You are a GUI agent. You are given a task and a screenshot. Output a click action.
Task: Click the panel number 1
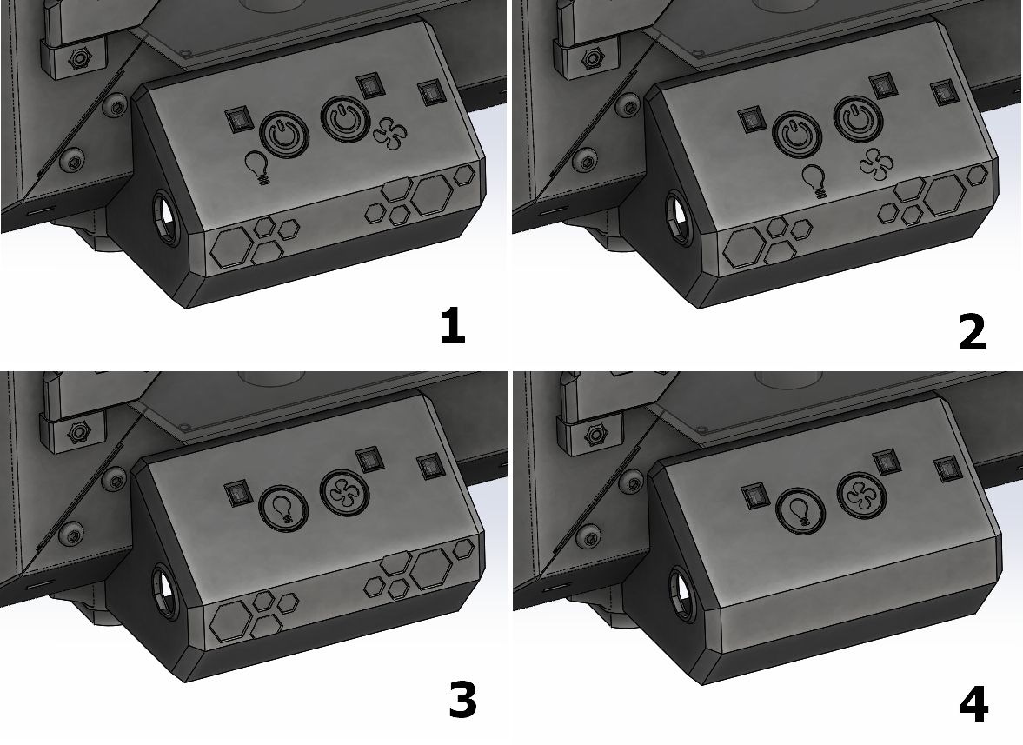(x=453, y=326)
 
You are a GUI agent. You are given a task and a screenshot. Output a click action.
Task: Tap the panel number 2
(x=972, y=331)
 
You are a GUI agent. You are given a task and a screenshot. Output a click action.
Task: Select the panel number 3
(x=462, y=701)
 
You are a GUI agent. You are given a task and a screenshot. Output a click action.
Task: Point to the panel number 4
(x=973, y=704)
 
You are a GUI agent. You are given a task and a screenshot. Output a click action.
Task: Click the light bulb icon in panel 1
(x=258, y=166)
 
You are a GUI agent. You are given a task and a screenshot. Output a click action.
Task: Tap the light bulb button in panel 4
(x=800, y=509)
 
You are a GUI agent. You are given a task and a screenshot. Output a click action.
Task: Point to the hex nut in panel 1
(x=80, y=59)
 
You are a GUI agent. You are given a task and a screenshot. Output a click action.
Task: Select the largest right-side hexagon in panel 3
(x=430, y=565)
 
